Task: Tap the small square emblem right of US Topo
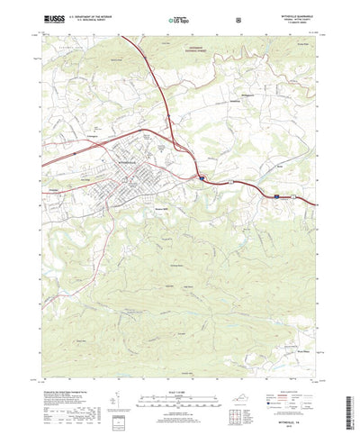(x=237, y=18)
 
